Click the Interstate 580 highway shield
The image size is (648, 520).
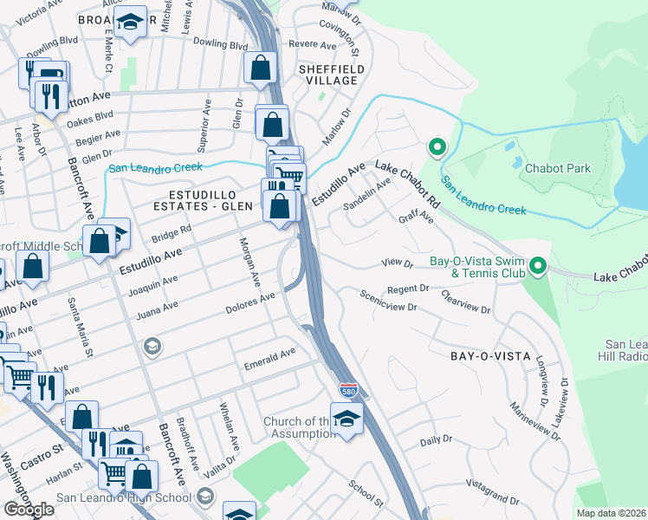point(347,391)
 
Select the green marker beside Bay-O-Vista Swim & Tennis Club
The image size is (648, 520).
point(539,266)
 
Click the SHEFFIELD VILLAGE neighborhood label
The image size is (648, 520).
point(327,74)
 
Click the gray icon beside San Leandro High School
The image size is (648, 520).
point(205,497)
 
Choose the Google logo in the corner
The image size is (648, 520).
point(29,510)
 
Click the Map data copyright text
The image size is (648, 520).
point(611,513)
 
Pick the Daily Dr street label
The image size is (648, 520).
point(431,441)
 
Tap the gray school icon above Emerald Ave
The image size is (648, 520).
point(152,348)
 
